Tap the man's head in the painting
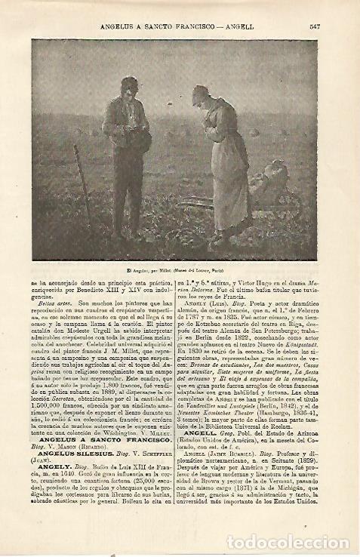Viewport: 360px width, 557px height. tap(129, 87)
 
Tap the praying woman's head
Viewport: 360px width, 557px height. tap(202, 95)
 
